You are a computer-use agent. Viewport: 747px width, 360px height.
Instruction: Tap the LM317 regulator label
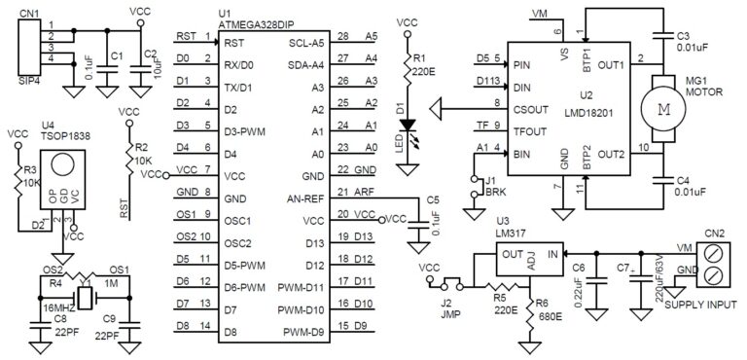pyautogui.click(x=511, y=234)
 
